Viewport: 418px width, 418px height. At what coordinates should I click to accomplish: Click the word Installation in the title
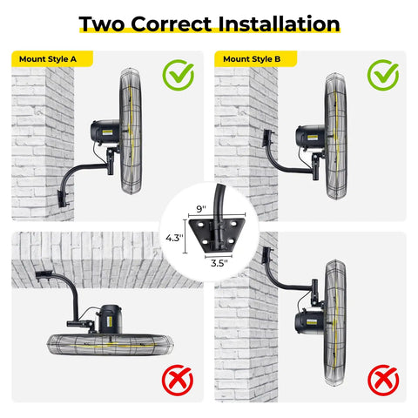279,24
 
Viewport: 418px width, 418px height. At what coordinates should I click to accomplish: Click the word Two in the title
102,24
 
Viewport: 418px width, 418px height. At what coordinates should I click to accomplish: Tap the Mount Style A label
48,59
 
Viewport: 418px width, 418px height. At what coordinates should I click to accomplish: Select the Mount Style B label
252,59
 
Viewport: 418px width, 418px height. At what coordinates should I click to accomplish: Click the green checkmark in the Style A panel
179,75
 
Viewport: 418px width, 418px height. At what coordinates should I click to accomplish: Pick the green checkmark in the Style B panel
383,75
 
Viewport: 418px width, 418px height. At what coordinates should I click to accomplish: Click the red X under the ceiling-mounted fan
178,381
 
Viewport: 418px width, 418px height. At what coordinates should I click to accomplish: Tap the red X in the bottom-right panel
383,381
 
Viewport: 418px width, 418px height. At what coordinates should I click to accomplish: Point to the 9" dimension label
201,209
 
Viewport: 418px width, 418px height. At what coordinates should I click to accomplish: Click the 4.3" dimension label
175,238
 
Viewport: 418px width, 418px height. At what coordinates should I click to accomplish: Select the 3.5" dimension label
219,263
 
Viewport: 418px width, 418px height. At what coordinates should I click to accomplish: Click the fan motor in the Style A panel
105,133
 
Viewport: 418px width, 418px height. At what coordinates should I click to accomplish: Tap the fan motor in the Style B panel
311,137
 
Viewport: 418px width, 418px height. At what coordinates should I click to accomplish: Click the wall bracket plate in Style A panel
63,199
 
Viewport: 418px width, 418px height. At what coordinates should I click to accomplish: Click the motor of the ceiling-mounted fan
109,319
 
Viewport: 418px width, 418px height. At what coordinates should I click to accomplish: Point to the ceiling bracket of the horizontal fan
44,274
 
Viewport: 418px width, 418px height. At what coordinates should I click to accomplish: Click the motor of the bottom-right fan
310,322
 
